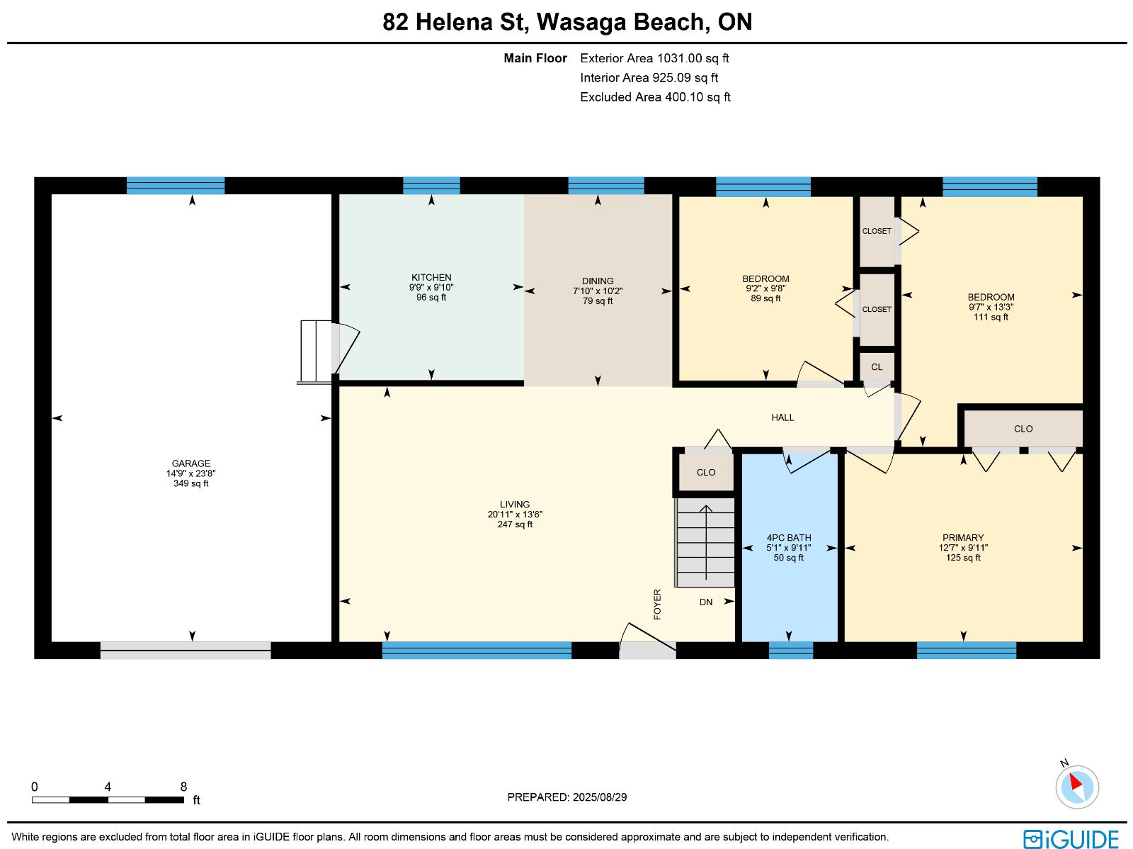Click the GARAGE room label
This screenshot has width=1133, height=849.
click(190, 463)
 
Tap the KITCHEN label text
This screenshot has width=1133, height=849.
click(431, 277)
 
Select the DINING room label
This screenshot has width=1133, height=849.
click(597, 281)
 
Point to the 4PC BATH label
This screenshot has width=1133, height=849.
click(788, 538)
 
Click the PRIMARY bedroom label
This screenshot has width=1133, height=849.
click(962, 538)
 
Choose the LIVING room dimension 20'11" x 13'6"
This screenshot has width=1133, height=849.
click(515, 515)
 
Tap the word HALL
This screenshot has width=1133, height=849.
click(782, 417)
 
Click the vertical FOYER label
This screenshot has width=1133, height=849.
click(657, 605)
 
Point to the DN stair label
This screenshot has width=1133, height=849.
click(705, 602)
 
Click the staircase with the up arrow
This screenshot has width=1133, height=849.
click(705, 542)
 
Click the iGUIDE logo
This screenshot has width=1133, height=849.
click(1071, 838)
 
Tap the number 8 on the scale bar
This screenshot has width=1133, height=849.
click(183, 787)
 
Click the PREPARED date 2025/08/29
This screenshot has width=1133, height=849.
click(599, 797)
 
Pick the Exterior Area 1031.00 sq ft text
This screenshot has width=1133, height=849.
click(654, 58)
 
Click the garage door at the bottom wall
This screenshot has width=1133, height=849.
click(186, 650)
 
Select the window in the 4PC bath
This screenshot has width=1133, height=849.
click(791, 650)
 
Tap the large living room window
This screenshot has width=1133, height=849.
click(477, 650)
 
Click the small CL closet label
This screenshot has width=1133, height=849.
click(877, 367)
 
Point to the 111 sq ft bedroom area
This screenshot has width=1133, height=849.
click(991, 317)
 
